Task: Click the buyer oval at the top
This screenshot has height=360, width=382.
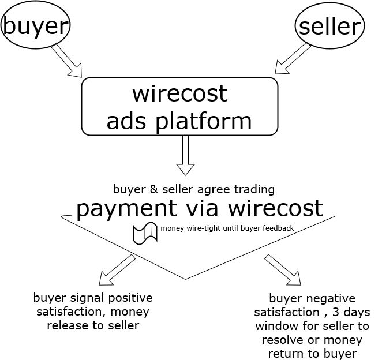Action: click(36, 25)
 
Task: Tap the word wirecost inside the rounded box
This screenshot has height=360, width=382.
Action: click(179, 93)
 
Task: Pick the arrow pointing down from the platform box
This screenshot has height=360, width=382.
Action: click(186, 155)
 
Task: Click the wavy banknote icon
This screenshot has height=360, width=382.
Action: click(145, 232)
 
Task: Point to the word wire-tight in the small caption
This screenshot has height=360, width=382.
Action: click(204, 228)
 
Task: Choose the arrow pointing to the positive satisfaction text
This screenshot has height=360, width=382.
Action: click(117, 269)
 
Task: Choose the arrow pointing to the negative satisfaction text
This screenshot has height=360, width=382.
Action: click(283, 269)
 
